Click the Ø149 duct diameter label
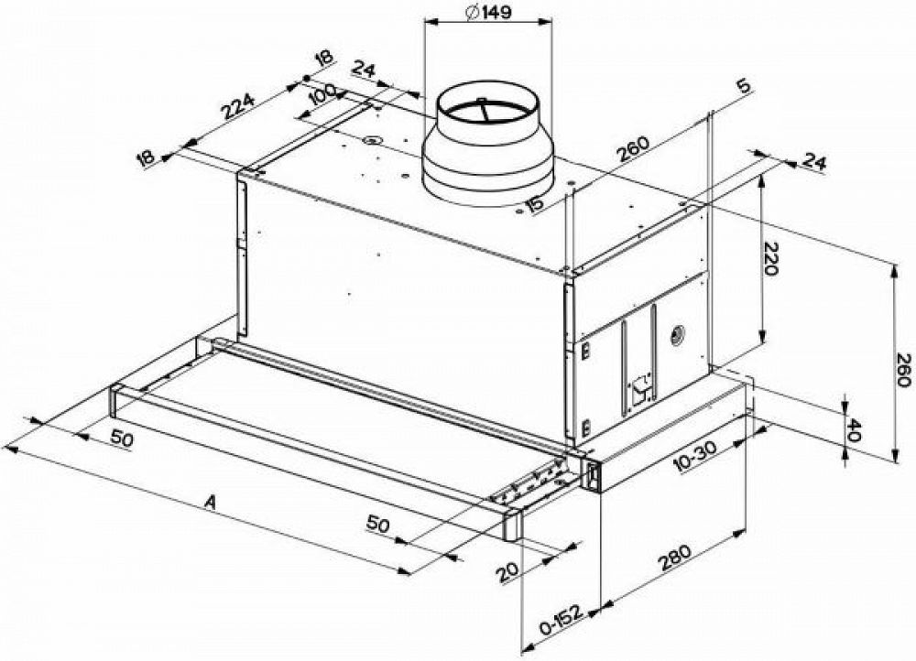[487, 13]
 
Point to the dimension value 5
[743, 88]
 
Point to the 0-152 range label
[562, 624]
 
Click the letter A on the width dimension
[211, 501]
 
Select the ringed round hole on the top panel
[372, 140]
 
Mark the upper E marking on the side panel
[583, 349]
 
